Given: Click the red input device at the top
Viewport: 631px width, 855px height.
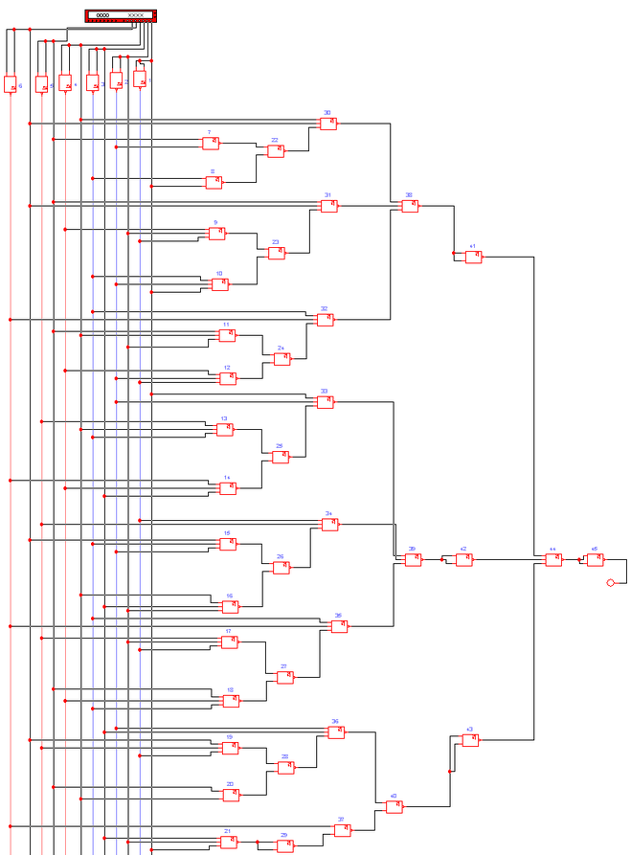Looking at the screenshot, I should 121,15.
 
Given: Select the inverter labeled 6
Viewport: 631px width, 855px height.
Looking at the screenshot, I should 11,84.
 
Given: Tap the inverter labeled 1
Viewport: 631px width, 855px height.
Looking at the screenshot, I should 140,79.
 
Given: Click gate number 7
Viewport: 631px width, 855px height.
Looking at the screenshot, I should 211,144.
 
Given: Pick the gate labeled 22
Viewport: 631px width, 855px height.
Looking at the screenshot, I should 276,151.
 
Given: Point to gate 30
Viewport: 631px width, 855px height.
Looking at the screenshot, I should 328,124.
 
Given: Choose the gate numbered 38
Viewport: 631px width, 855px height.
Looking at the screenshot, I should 410,206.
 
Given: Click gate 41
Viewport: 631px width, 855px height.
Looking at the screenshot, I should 473,257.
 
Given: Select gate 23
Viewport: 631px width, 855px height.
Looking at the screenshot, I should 277,254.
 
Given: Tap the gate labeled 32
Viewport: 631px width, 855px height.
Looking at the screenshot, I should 326,320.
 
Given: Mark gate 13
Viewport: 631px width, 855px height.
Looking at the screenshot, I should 225,430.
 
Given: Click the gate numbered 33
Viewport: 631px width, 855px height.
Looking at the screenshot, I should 326,402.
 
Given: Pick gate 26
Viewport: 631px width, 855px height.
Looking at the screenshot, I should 282,568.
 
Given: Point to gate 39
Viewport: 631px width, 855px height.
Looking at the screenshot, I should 413,560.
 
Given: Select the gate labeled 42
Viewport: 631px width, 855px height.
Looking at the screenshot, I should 464,560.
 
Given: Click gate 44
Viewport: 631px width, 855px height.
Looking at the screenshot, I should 553,560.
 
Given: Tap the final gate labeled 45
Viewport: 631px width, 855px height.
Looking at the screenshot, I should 596,560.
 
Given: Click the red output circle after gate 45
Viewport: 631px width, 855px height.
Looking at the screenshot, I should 611,582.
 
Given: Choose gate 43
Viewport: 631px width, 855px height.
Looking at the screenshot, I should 470,740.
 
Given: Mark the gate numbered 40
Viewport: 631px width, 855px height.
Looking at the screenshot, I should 394,807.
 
